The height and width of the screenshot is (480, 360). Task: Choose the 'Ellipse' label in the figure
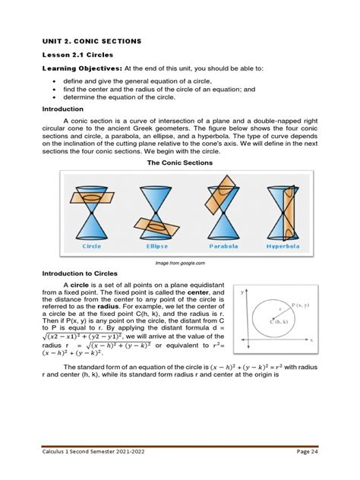click(156, 246)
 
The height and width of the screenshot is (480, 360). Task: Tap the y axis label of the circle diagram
click(242, 291)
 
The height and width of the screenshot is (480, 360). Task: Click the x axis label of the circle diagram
click(331, 341)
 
